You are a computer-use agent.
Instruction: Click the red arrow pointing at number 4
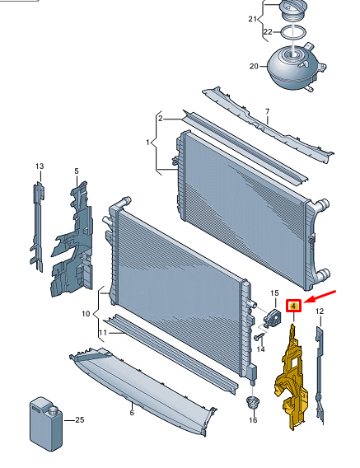(320, 296)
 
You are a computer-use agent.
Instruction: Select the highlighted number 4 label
(294, 306)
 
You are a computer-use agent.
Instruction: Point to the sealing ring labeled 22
(293, 32)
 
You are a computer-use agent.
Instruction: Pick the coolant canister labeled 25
(46, 424)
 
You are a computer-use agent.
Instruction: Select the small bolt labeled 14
(260, 337)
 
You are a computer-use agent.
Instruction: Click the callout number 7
(267, 111)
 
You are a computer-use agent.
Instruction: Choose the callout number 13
(40, 166)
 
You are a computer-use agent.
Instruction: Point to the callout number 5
(77, 171)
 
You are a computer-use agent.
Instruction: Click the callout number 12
(320, 311)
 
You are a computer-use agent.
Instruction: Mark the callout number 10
(86, 314)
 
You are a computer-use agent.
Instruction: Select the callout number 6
(132, 413)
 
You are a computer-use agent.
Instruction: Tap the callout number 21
(253, 19)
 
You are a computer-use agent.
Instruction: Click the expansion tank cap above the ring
(293, 10)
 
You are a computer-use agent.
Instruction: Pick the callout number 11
(103, 332)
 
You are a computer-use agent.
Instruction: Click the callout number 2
(161, 119)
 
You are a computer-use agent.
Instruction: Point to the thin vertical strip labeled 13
(37, 227)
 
